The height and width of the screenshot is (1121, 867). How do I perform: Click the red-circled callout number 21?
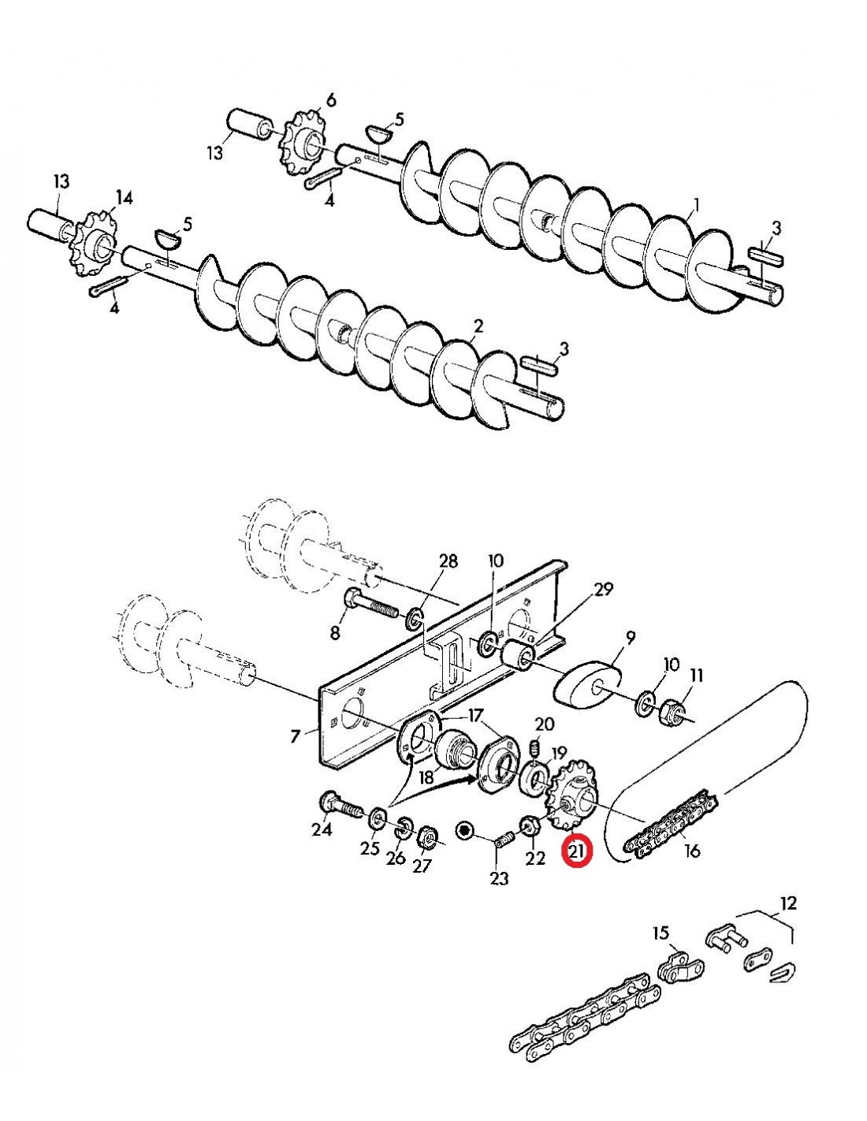577,851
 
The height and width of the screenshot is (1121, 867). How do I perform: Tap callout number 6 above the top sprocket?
330,99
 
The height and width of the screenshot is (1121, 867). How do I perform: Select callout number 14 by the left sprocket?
125,197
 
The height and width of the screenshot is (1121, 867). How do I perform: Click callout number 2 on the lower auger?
478,326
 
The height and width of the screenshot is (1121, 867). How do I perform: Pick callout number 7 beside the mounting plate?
296,736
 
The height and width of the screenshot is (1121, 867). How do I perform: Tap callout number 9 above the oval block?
631,637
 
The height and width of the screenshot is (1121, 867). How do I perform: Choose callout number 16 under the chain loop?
692,851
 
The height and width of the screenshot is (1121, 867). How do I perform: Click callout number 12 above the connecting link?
788,903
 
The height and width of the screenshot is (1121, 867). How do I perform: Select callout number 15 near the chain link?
660,933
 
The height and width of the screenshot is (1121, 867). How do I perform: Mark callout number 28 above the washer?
448,561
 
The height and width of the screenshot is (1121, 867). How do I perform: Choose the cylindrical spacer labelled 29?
519,655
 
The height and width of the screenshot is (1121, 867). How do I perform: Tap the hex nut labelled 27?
426,834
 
